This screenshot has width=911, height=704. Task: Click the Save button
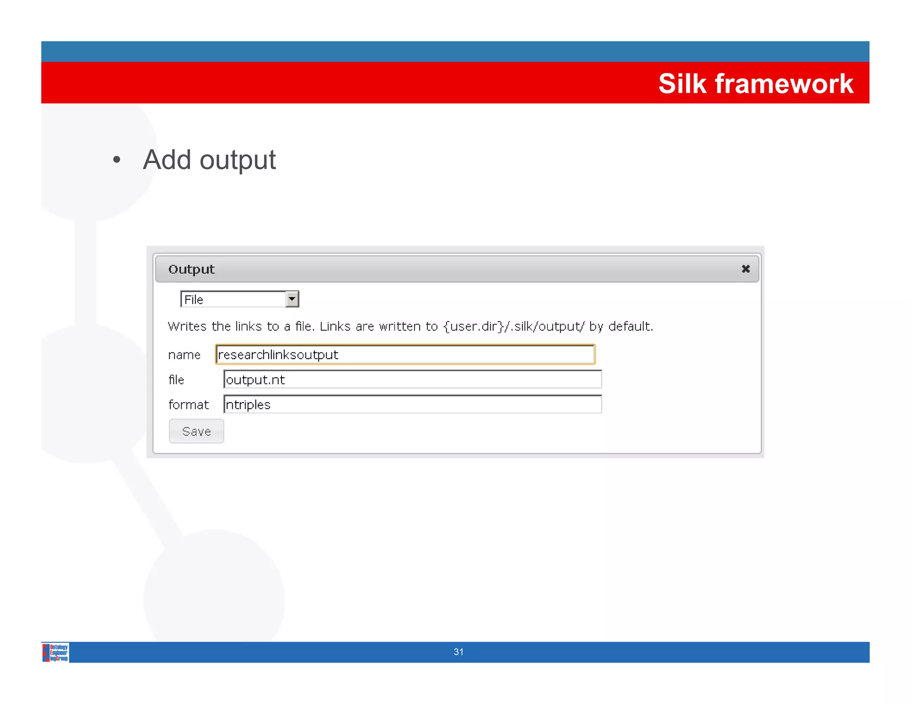(196, 431)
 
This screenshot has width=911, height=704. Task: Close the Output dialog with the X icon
(746, 269)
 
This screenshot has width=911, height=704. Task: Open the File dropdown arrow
(292, 299)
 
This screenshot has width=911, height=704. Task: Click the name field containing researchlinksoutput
(405, 355)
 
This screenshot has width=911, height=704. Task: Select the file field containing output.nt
(412, 380)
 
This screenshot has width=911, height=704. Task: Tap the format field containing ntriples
(412, 405)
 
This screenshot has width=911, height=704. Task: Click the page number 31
(459, 652)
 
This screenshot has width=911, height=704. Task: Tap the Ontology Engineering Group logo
(56, 652)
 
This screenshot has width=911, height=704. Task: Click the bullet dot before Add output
(117, 160)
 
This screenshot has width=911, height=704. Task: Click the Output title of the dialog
(191, 269)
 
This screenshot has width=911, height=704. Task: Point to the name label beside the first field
(184, 355)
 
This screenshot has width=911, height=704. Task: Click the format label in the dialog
(188, 405)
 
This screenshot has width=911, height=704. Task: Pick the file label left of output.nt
(176, 380)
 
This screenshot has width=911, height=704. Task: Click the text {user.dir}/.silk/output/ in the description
(514, 327)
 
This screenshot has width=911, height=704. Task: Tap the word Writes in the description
(187, 327)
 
